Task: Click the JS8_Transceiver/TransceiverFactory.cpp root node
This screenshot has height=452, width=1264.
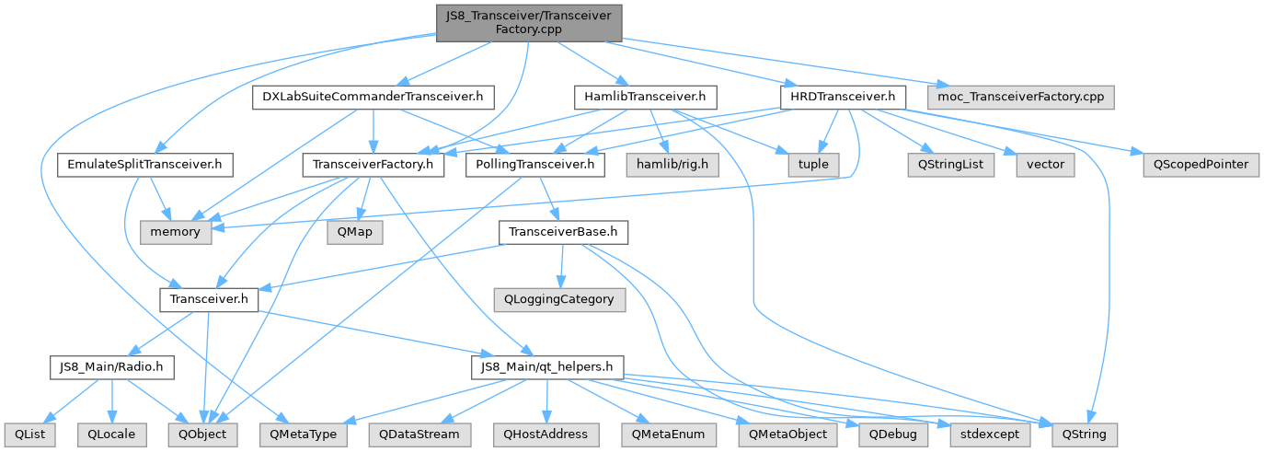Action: pyautogui.click(x=528, y=22)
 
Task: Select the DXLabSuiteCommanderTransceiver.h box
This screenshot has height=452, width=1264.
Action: pyautogui.click(x=373, y=96)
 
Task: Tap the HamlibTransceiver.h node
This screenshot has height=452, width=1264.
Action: pyautogui.click(x=644, y=96)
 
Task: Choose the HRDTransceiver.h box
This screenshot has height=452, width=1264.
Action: pyautogui.click(x=842, y=96)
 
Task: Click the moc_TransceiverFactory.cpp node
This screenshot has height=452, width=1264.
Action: pyautogui.click(x=1021, y=96)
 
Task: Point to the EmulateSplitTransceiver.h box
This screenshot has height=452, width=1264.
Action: pyautogui.click(x=144, y=165)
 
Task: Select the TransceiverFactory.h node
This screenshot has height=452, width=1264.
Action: pyautogui.click(x=373, y=165)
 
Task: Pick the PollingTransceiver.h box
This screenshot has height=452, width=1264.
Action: pyautogui.click(x=535, y=165)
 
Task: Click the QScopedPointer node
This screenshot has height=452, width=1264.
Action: pyautogui.click(x=1200, y=165)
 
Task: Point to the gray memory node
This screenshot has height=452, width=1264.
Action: pyautogui.click(x=175, y=232)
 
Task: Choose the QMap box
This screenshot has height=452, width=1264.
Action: pyautogui.click(x=353, y=232)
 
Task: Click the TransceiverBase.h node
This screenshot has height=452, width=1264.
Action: pyautogui.click(x=563, y=232)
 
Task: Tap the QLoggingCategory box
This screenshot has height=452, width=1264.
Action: pyautogui.click(x=558, y=299)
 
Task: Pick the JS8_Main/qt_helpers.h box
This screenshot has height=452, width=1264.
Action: pyautogui.click(x=546, y=366)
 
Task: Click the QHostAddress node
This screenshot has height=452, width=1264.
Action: pyautogui.click(x=546, y=433)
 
